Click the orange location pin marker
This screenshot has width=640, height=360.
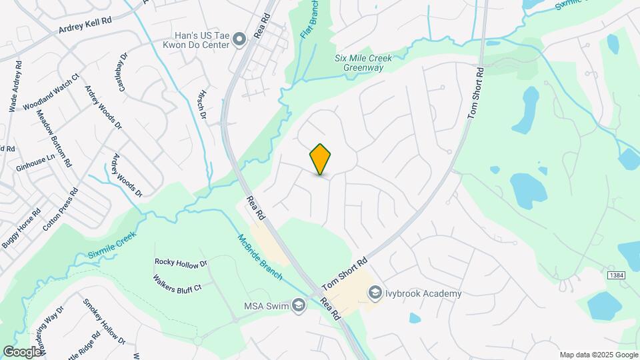(321, 159)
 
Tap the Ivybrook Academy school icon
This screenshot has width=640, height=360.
(375, 293)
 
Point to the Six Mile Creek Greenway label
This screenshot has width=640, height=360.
(363, 63)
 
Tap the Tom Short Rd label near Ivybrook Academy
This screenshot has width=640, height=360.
(345, 274)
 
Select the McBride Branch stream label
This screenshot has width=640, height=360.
(259, 257)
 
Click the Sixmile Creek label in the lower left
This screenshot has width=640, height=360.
(111, 246)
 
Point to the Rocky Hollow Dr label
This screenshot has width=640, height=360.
(181, 263)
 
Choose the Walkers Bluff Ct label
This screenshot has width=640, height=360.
(177, 283)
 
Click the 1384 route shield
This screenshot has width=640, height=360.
(616, 275)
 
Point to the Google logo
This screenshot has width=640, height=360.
(22, 351)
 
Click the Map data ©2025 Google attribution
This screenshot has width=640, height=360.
(598, 355)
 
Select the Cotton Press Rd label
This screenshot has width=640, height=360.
(60, 209)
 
